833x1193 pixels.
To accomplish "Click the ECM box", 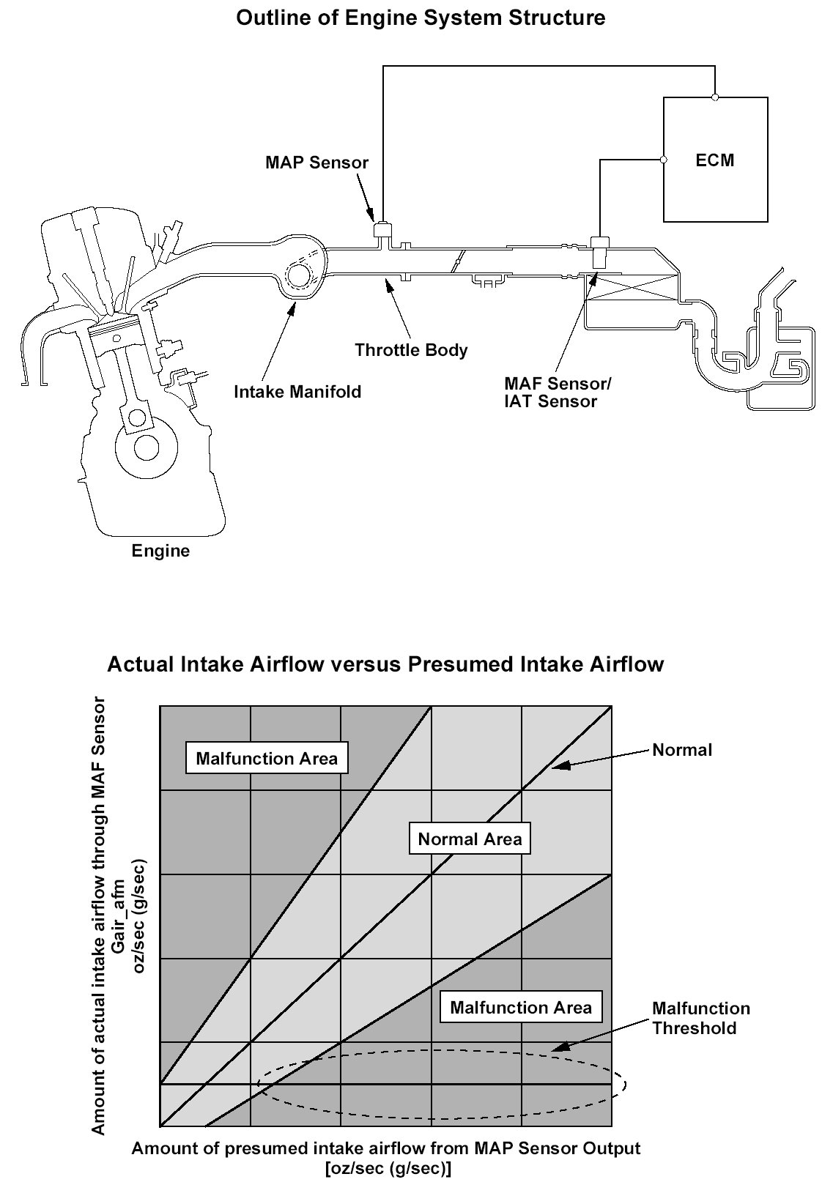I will (715, 160).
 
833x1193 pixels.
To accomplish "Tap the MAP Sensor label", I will (316, 162).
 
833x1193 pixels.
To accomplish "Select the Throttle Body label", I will (410, 350).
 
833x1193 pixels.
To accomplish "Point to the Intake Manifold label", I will (297, 392).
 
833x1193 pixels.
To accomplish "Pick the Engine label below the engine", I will (160, 551).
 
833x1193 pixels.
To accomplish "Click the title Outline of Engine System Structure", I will (421, 18).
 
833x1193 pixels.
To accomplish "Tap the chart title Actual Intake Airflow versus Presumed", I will (385, 664).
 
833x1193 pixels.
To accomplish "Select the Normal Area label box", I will (470, 839).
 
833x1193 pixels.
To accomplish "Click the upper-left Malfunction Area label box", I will (267, 758).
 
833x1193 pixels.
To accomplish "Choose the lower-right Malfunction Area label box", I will (520, 1008).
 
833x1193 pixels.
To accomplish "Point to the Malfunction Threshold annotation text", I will (701, 1019).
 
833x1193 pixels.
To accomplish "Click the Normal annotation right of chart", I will (682, 750).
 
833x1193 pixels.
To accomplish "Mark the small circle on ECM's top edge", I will (715, 97).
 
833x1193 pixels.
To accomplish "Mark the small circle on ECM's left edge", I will (664, 159).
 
